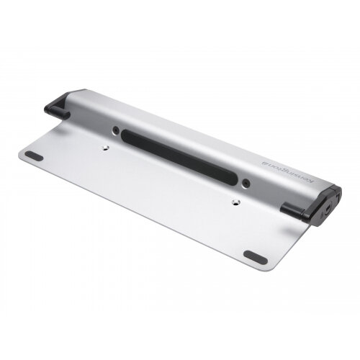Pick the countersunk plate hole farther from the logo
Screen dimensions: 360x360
tap(107, 146)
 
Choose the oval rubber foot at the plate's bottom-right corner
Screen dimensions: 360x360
tap(254, 256)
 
